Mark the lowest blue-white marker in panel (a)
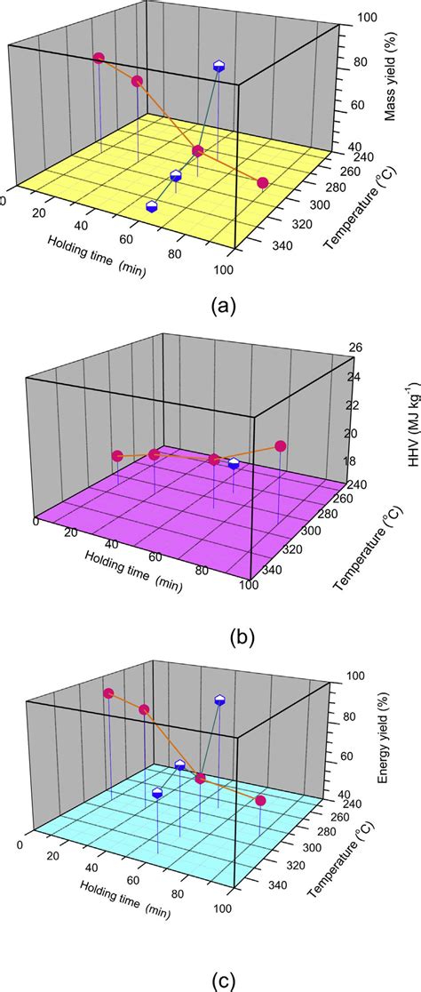152,206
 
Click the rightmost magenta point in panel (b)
281,446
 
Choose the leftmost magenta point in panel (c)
108,693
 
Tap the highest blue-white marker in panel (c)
220,700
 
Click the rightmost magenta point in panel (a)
263,183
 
